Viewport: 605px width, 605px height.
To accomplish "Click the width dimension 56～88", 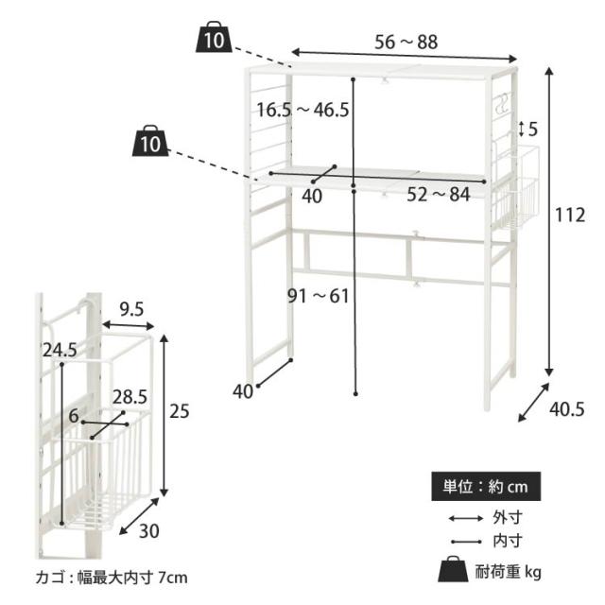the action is (406, 42).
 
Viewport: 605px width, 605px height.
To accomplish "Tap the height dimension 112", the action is (570, 215).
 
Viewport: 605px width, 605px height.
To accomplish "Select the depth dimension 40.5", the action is (567, 409).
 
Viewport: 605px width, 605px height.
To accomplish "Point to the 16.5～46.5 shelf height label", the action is (302, 110).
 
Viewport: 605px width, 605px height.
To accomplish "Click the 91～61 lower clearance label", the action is (319, 296).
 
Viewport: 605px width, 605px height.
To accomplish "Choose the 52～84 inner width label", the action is (439, 195).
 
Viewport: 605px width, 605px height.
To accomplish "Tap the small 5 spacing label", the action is (533, 130).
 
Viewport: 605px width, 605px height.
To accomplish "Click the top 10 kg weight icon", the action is (215, 38).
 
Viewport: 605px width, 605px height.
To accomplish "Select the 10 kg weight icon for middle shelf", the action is (150, 141).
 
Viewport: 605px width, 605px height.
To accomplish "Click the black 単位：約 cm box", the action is (486, 486).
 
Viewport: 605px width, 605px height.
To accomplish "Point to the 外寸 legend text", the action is (508, 517).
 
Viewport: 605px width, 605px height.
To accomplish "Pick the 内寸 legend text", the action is (508, 541).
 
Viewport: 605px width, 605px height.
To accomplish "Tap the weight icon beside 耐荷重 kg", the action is (453, 569).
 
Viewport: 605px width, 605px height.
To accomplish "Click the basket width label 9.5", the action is (131, 309).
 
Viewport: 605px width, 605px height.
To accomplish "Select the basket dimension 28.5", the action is (130, 397).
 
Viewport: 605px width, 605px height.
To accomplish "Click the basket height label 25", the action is (180, 411).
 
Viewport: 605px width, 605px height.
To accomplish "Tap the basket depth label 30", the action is (149, 531).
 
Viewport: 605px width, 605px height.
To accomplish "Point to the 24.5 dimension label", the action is (60, 351).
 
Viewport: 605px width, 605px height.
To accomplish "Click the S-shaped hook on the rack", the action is (502, 104).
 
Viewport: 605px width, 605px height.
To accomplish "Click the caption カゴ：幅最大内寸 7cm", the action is (112, 578).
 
